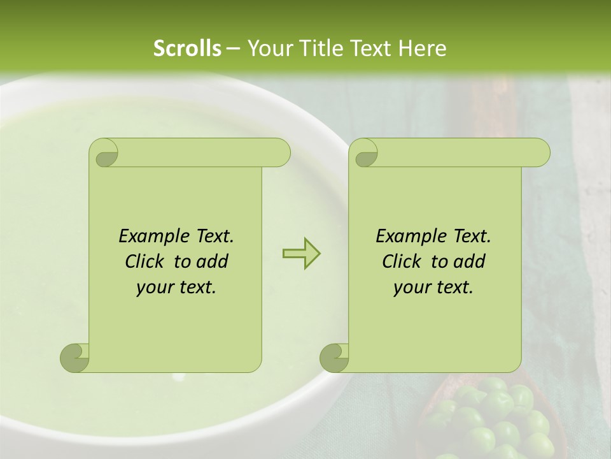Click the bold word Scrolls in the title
click(x=188, y=48)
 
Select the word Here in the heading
click(x=421, y=48)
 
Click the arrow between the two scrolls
click(x=301, y=253)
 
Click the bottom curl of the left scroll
click(x=75, y=357)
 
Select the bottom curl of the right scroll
click(x=335, y=357)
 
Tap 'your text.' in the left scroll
click(x=176, y=287)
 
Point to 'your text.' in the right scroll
click(x=433, y=287)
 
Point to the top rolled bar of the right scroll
click(x=458, y=152)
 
